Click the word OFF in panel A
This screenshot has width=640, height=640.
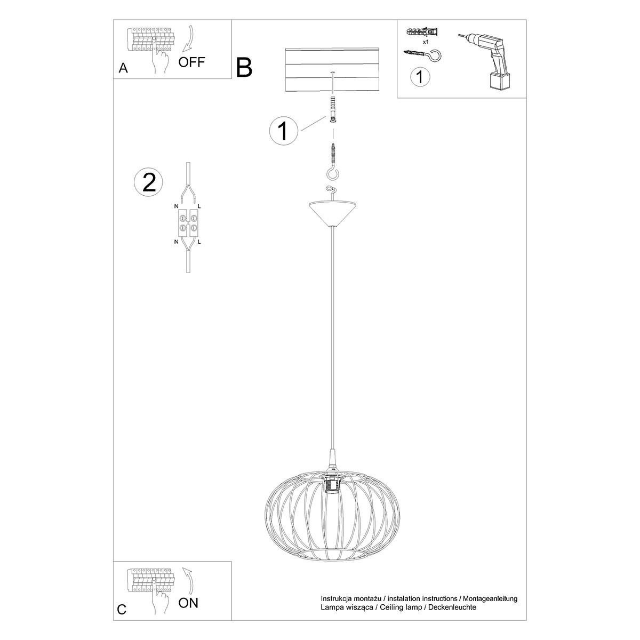[191, 62]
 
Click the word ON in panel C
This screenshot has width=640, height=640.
[188, 603]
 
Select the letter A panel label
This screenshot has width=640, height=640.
[123, 68]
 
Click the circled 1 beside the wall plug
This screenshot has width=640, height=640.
[283, 131]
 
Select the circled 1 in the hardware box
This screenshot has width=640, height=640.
[420, 77]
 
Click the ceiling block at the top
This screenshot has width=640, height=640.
[333, 70]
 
